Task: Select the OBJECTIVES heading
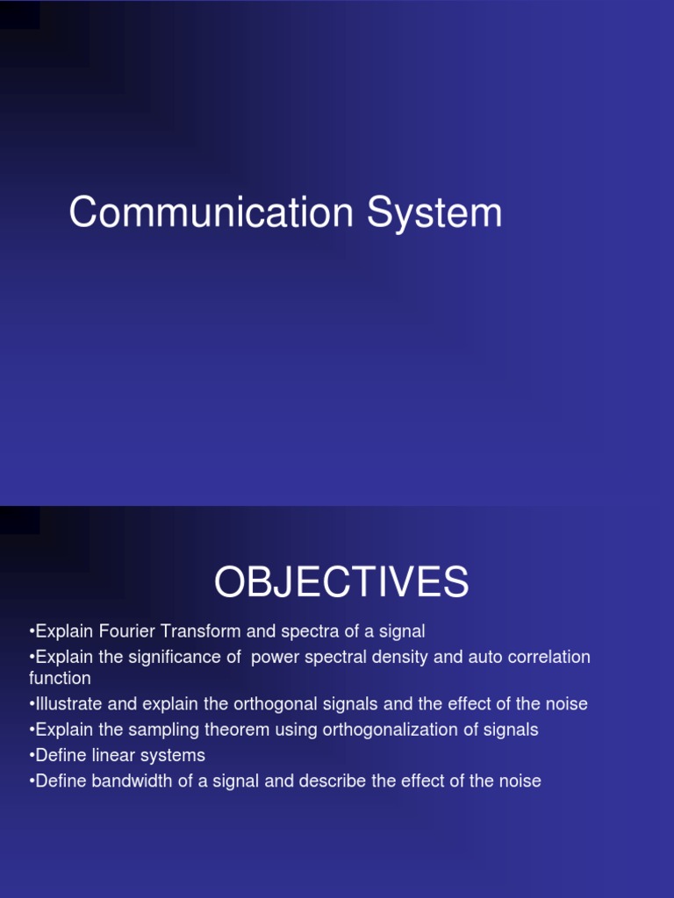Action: (x=341, y=583)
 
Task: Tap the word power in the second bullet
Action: (x=272, y=658)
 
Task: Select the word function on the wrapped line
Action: (x=60, y=678)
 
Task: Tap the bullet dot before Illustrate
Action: (x=32, y=704)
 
